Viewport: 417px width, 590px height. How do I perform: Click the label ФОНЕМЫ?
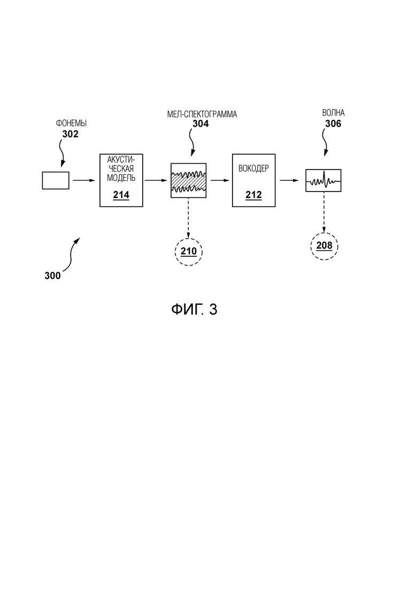tap(72, 123)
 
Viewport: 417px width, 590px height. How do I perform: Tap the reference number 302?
tap(71, 134)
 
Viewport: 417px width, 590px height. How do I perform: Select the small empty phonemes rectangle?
tap(56, 180)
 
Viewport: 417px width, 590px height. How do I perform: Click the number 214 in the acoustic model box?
tap(121, 195)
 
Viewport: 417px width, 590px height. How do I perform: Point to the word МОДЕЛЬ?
tap(121, 178)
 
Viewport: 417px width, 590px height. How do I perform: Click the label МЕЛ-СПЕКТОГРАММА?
tap(202, 114)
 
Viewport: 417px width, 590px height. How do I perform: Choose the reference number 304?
tap(200, 124)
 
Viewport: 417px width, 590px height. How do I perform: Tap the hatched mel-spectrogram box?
tap(188, 180)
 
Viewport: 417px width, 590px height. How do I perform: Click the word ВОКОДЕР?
tap(254, 168)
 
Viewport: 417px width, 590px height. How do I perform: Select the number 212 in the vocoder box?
tap(253, 195)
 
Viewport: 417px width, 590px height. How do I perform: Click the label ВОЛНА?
tap(333, 113)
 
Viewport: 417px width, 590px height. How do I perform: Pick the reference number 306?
tap(333, 124)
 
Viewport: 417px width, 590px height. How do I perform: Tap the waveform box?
tap(323, 181)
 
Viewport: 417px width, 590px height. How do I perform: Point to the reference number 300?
tap(52, 276)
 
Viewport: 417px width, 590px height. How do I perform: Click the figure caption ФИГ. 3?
tap(195, 309)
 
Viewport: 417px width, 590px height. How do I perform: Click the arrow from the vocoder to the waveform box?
tap(290, 180)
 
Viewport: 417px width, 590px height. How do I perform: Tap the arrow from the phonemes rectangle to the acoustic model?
tap(84, 180)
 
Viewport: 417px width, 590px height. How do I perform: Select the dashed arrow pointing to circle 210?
tap(188, 218)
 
